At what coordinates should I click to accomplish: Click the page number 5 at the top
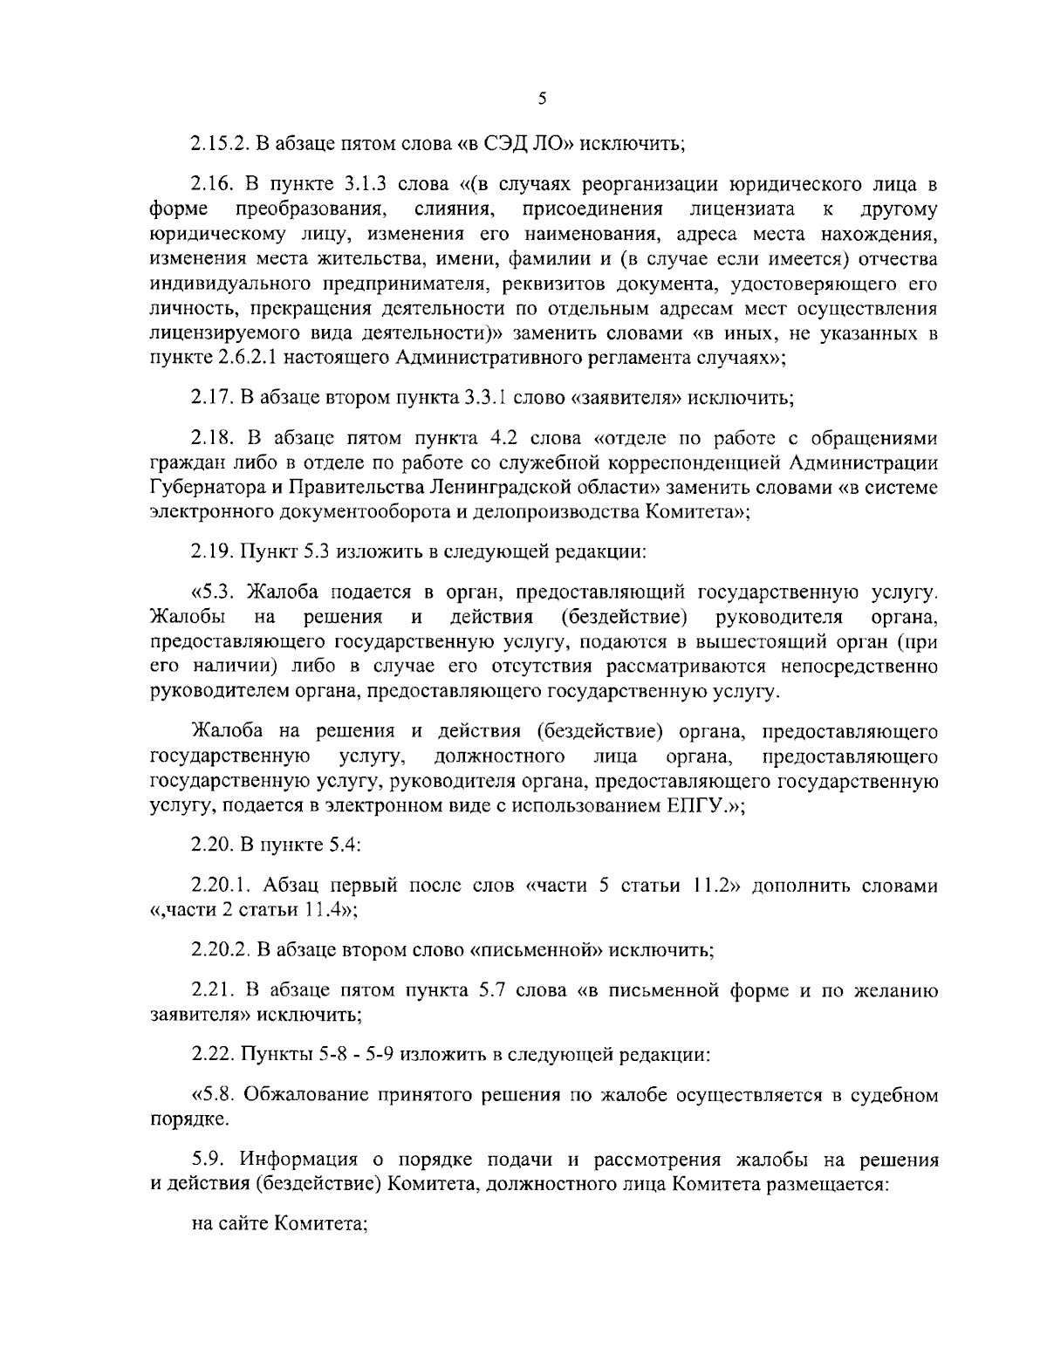click(x=542, y=99)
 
